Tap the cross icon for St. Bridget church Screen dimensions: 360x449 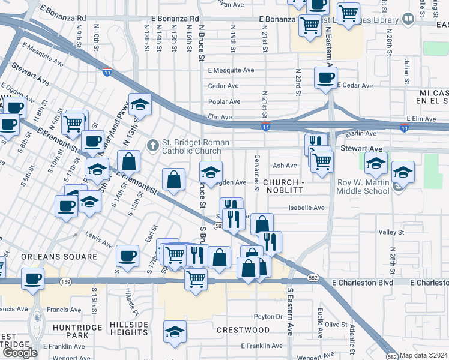[153, 145]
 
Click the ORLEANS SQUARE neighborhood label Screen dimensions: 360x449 [59, 257]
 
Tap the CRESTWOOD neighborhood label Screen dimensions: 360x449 [243, 330]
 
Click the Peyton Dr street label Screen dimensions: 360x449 [268, 316]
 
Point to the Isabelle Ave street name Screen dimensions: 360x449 [306, 208]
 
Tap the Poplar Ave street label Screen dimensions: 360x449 [224, 101]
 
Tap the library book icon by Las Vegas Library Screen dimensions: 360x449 [408, 19]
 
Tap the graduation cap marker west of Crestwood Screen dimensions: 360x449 [175, 332]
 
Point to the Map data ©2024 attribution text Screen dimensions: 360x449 [424, 355]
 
